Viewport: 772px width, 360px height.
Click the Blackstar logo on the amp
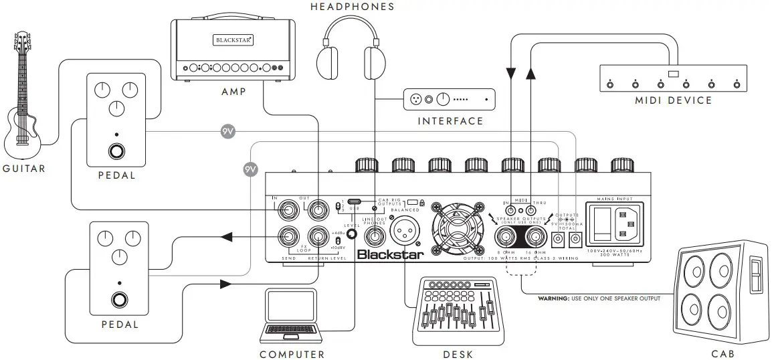pyautogui.click(x=233, y=40)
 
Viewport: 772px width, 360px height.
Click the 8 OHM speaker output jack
pyautogui.click(x=506, y=237)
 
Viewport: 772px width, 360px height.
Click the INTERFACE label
pyautogui.click(x=450, y=121)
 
